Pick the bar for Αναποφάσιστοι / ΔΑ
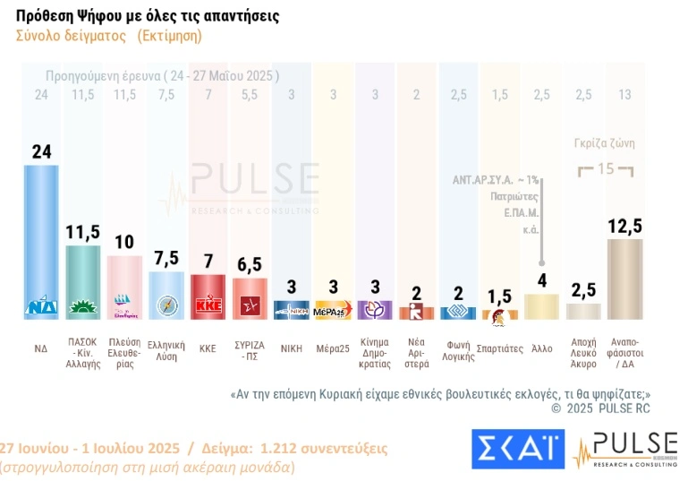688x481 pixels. [624, 278]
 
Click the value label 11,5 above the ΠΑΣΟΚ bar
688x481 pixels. [82, 232]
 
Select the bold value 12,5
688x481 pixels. [624, 226]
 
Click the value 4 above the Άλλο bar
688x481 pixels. [541, 280]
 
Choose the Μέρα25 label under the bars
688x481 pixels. [332, 348]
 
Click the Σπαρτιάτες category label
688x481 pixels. [499, 348]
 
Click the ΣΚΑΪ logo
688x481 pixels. [516, 449]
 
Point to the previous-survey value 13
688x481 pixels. [624, 94]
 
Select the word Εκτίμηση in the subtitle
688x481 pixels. [170, 36]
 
